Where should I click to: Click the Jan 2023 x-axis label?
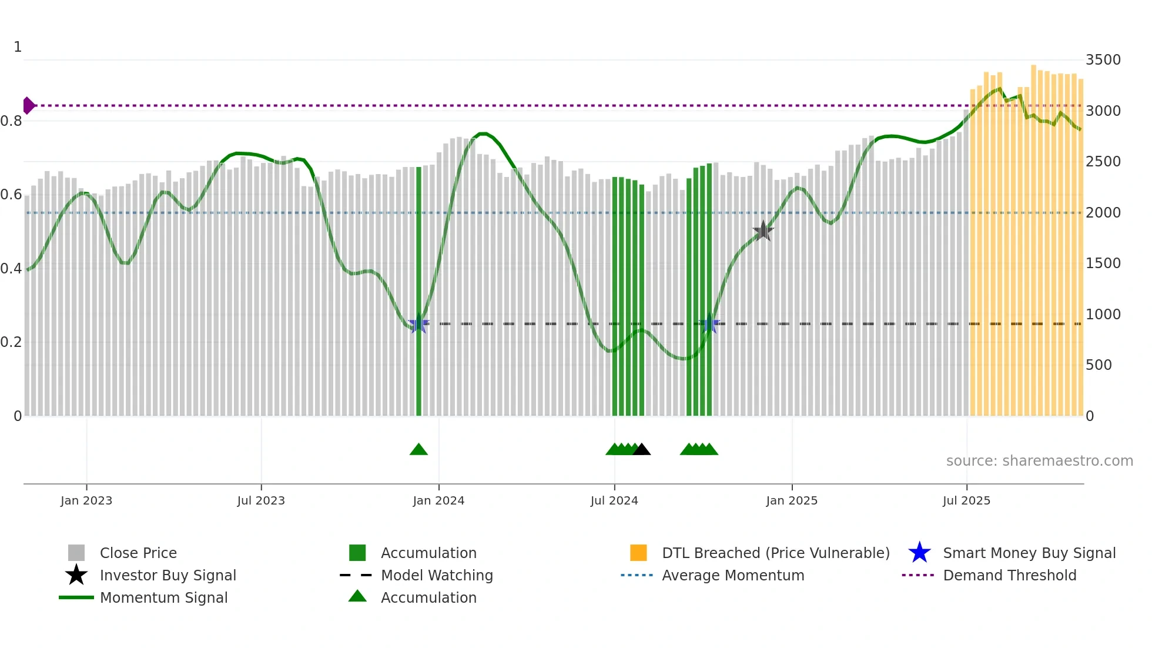coord(86,500)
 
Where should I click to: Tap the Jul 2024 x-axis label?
coord(614,500)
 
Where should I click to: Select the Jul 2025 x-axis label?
coord(966,500)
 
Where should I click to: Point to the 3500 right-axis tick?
coord(1103,60)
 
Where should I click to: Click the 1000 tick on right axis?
coord(1103,315)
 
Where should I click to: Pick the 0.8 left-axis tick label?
coord(11,121)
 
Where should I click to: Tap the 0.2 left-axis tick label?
coord(11,342)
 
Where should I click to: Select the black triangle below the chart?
coord(642,450)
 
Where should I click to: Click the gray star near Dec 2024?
coord(763,231)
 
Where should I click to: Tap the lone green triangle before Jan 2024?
coord(418,450)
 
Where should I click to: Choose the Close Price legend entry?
coord(138,553)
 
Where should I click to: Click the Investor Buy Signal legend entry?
coord(168,575)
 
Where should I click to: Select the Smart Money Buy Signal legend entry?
coord(1029,553)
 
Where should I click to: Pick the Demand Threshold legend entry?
coord(1009,575)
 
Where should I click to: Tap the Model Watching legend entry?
coord(437,575)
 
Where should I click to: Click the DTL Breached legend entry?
coord(775,553)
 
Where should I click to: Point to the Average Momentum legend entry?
coord(733,575)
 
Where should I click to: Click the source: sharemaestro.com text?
coord(1039,461)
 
